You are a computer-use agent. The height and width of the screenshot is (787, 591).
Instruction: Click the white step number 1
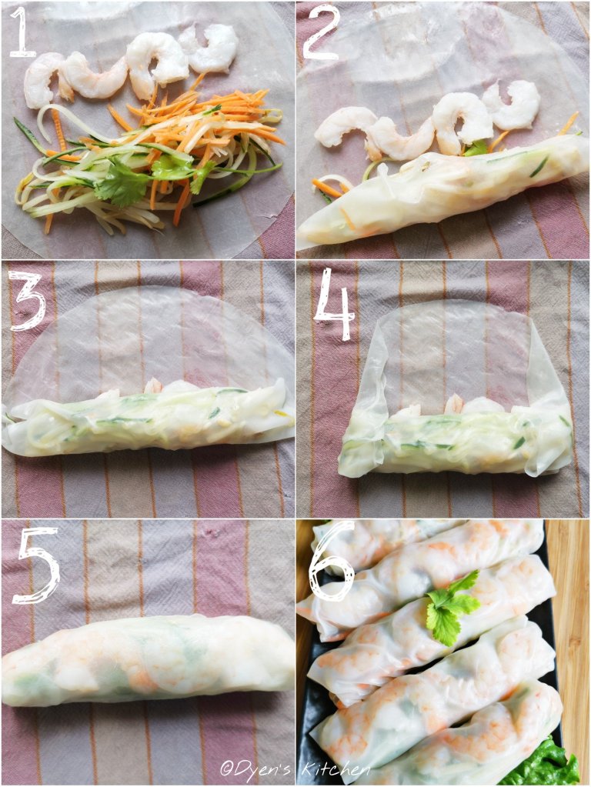(x=21, y=31)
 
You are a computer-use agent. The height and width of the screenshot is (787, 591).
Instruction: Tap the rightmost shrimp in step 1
(x=211, y=48)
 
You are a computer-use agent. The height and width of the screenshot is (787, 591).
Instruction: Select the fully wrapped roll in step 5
(x=147, y=660)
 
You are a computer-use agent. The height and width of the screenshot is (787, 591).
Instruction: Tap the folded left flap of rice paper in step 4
(x=362, y=402)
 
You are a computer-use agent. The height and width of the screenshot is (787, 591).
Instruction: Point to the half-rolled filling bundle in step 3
(x=148, y=419)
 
